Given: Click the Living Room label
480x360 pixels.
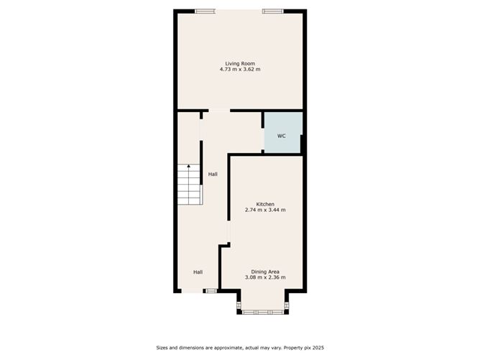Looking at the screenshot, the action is click(240, 64).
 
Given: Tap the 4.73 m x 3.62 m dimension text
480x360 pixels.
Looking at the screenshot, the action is click(240, 70).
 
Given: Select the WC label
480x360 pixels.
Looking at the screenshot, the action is click(282, 136).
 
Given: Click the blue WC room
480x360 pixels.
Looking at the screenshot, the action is click(283, 132).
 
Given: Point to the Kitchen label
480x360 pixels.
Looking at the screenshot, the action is click(265, 204).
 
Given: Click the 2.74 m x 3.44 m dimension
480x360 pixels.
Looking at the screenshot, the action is click(265, 210).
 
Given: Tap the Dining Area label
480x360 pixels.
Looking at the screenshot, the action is click(265, 272).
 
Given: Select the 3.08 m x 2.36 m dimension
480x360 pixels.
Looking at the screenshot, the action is click(265, 277).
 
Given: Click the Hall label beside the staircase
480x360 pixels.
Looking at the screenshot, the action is click(213, 175).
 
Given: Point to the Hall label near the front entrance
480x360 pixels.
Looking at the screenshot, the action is click(198, 272).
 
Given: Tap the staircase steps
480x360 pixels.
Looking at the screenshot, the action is click(189, 185).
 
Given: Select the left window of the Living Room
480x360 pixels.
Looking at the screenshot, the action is click(205, 11).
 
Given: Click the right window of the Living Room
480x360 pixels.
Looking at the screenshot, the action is click(273, 11).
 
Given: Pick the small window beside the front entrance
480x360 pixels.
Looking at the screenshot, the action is click(211, 291).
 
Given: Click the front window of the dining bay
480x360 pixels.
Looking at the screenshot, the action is click(263, 313).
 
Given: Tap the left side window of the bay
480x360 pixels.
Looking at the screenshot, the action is click(239, 305).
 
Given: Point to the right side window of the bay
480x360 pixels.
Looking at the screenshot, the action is click(287, 305).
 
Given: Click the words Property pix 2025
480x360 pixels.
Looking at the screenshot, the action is click(304, 348).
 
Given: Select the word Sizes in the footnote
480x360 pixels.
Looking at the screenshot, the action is click(162, 348).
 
